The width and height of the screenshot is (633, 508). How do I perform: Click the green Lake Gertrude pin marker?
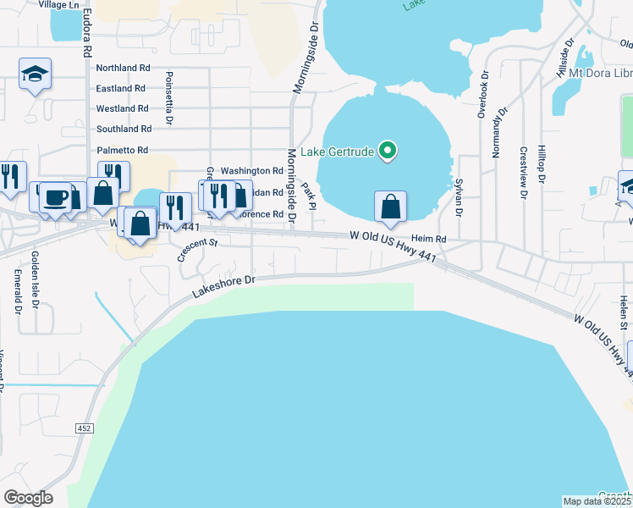coord(388,152)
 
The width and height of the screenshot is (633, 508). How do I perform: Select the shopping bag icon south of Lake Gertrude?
coord(390,207)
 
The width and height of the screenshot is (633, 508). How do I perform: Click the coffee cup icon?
coord(56,197)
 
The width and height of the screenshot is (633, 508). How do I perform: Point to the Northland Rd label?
coord(123,68)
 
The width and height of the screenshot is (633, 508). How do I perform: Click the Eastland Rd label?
coord(121,88)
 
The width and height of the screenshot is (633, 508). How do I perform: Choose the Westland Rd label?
coord(122,108)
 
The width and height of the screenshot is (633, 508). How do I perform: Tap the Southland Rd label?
coord(124,129)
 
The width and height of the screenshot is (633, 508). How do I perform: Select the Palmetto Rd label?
coord(123,150)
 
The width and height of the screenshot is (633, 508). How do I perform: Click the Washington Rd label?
coord(250,171)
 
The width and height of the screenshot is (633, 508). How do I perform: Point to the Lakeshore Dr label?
coord(223,284)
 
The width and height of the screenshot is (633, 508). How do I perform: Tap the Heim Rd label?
coord(428,240)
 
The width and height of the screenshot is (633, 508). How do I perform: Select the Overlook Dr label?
coord(482,94)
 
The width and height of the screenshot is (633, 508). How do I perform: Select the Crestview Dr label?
coord(524,174)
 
